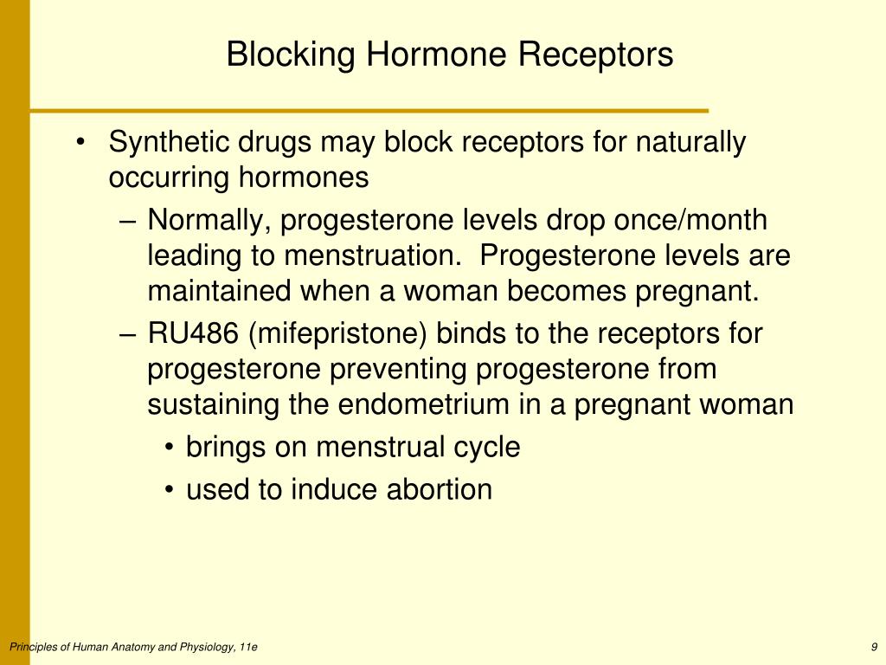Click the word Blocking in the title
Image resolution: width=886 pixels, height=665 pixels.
[291, 55]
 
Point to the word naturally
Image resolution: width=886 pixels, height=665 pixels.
[690, 143]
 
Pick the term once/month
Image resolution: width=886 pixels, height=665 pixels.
[690, 219]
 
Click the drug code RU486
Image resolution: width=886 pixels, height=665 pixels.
[193, 333]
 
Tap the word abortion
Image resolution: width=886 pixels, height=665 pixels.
[439, 489]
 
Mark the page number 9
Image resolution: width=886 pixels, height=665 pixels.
[874, 647]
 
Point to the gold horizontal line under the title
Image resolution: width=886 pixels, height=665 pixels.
[369, 111]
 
